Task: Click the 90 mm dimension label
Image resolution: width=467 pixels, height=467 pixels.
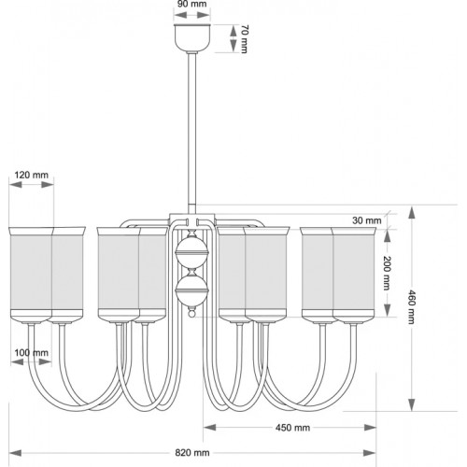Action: tap(192, 5)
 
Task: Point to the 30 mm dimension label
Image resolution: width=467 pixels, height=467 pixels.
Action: tap(367, 222)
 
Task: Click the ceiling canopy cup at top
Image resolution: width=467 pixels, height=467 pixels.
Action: tap(192, 36)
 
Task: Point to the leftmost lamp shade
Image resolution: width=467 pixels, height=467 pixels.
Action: tap(32, 273)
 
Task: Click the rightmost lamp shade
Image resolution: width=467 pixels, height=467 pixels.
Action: tap(352, 273)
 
